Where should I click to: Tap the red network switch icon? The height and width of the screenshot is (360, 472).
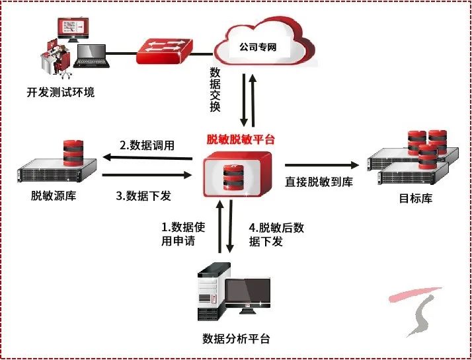point(165,50)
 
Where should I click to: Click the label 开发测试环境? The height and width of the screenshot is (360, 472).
point(61,91)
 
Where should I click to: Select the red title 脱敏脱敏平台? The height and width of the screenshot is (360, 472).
point(241,139)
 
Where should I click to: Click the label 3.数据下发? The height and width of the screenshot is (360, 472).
point(147,196)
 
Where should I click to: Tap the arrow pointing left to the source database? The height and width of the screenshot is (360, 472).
point(145,158)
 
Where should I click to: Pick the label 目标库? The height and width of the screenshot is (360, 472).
point(416,198)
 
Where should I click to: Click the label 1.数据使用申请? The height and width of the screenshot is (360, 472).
point(184,234)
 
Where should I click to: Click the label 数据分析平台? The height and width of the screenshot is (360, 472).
point(235,339)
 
